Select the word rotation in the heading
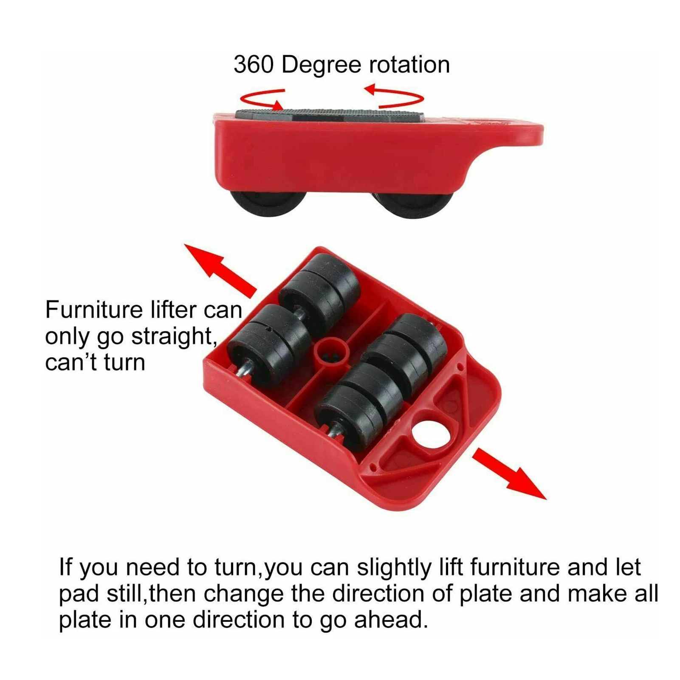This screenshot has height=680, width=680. (409, 65)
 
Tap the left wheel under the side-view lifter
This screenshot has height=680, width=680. (269, 203)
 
